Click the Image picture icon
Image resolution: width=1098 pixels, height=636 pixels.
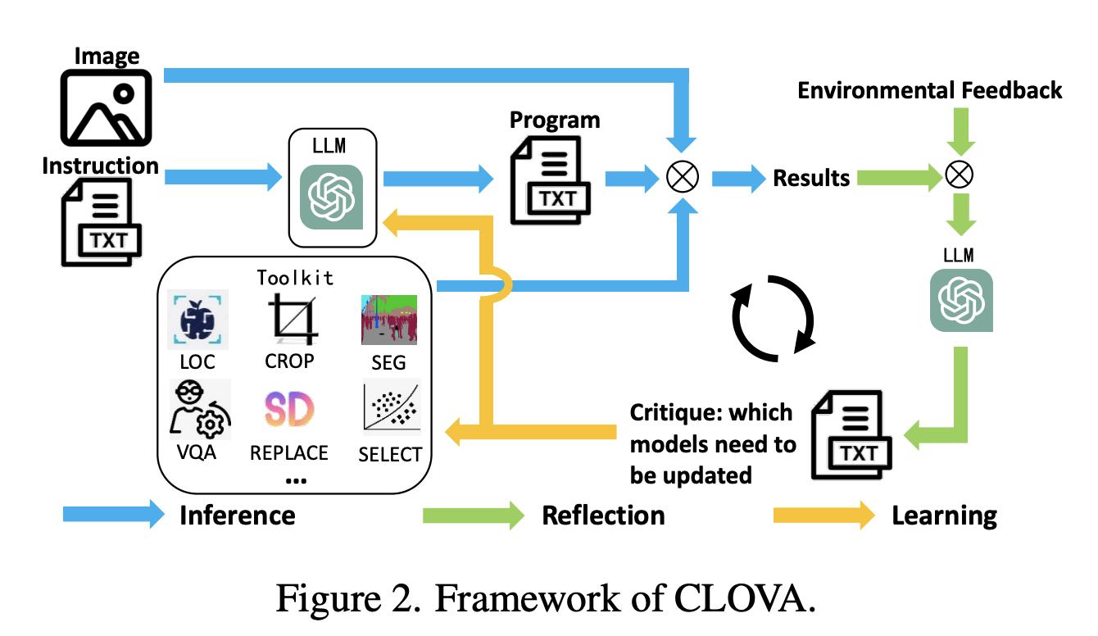[x=107, y=108]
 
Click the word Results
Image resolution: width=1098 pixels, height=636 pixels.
[x=811, y=178]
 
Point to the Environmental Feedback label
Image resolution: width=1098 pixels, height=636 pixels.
[x=929, y=89]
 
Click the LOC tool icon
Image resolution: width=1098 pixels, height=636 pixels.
[x=197, y=318]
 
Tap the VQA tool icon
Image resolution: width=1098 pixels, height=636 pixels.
[x=197, y=408]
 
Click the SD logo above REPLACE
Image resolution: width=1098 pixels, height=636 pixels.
[x=289, y=408]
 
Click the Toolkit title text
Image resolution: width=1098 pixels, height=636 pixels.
[x=295, y=277]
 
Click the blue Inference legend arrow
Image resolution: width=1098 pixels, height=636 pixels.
[x=113, y=515]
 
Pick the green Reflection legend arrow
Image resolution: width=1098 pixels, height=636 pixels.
[x=473, y=515]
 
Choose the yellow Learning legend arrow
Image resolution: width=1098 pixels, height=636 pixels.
[x=824, y=515]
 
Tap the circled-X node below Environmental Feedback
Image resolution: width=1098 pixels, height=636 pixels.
[x=960, y=175]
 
